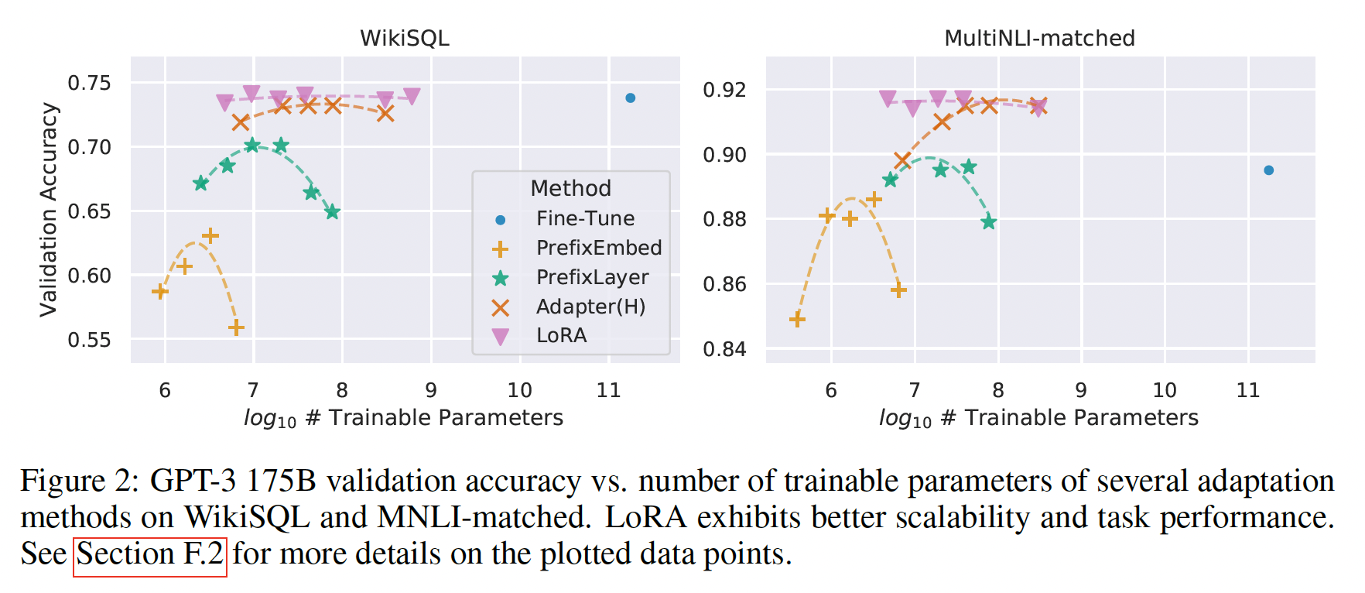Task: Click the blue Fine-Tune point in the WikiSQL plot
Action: (630, 98)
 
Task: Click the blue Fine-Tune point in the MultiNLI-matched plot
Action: (1268, 170)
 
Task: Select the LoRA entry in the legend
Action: (561, 335)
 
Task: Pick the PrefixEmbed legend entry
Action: (598, 248)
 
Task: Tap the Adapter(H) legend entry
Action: (590, 307)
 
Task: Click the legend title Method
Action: (570, 188)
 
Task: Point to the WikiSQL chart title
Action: (404, 38)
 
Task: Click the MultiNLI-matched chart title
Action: (1039, 38)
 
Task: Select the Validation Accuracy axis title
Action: (48, 210)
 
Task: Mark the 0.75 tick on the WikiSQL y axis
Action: (89, 83)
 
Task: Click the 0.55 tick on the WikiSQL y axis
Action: (89, 340)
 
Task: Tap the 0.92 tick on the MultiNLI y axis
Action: (724, 90)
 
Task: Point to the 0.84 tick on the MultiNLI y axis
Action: (724, 349)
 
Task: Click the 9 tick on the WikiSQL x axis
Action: (431, 390)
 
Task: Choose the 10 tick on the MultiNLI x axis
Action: (1165, 390)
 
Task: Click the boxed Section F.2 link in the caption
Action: (150, 554)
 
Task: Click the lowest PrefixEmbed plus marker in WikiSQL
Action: (236, 327)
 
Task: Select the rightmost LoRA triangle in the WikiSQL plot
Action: (412, 96)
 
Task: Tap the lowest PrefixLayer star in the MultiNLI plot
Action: (988, 222)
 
